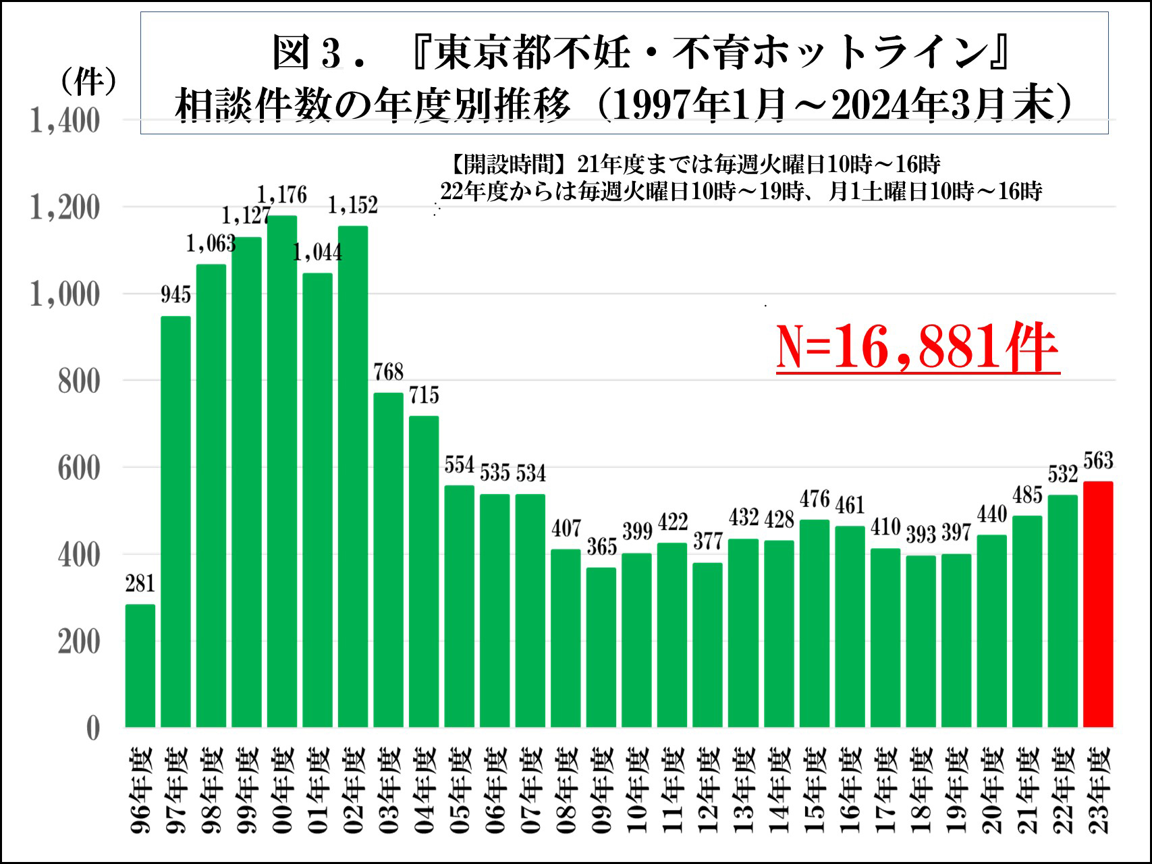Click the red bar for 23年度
1098,604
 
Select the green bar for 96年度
140,666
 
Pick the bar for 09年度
601,647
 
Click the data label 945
175,294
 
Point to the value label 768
388,372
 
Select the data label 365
601,547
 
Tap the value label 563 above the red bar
1098,460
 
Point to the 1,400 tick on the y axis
65,122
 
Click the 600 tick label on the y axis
78,468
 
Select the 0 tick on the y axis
93,728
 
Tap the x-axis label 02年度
353,790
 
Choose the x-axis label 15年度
815,790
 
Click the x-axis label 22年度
1063,790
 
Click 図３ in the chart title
307,53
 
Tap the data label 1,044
317,252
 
